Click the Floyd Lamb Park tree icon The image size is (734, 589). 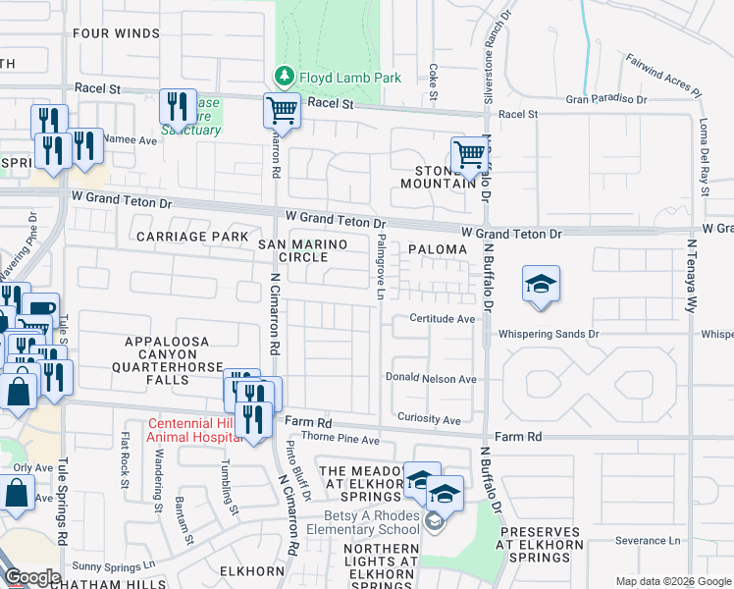point(284,76)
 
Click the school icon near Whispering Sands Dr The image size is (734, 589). point(541,283)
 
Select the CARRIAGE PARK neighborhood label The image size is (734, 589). point(192,237)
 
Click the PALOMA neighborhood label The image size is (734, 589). point(438,249)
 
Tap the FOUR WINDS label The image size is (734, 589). point(115,33)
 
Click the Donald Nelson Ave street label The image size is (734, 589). point(431,379)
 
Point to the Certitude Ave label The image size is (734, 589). point(442,319)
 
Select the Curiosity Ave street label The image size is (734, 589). point(429,420)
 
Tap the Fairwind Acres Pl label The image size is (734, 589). point(664,75)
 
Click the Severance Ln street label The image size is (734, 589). point(648,540)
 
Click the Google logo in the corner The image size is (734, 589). point(32,577)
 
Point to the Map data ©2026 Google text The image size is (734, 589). point(672,581)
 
